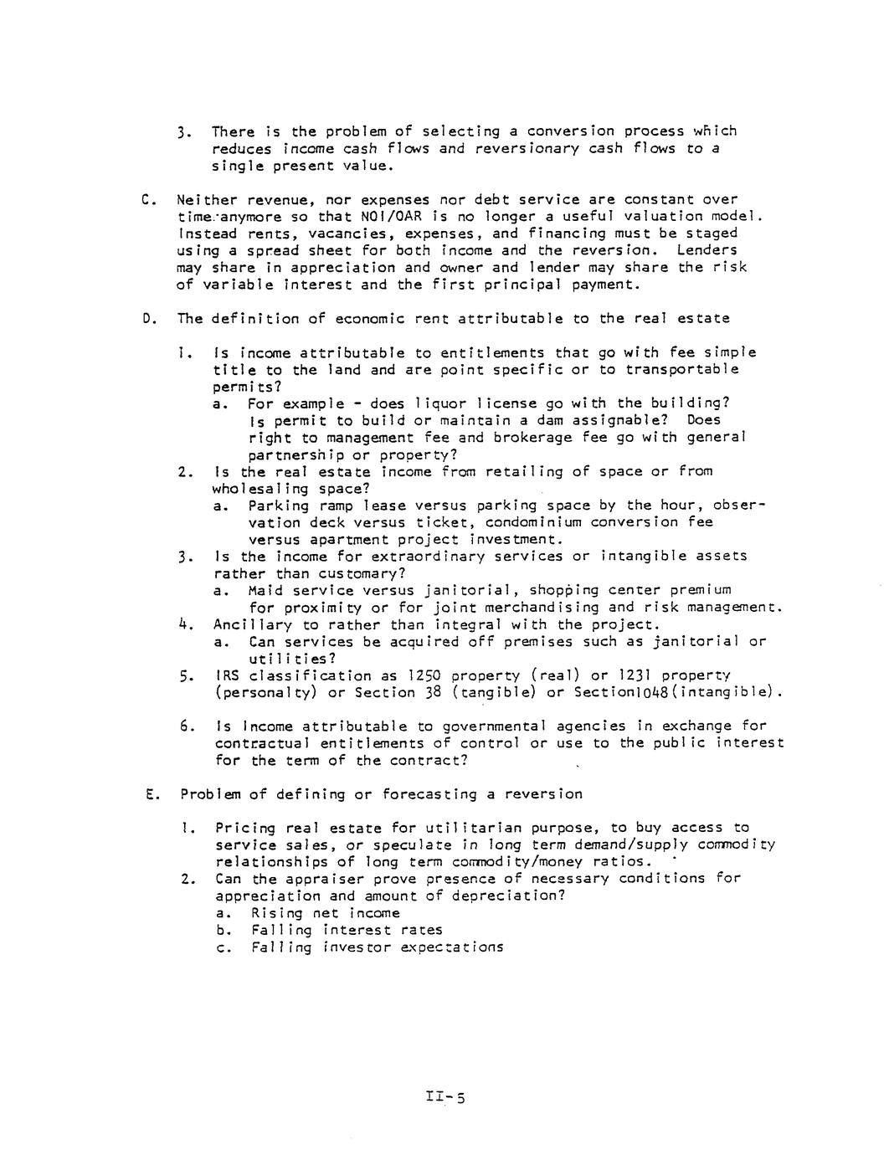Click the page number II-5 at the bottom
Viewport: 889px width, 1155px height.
coord(444,1096)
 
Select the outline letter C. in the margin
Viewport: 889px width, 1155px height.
coord(149,199)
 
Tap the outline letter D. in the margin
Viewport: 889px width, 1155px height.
coord(149,318)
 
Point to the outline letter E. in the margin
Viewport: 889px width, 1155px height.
coord(151,793)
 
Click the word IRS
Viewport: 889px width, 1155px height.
coord(229,675)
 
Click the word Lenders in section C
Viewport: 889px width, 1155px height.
coord(707,250)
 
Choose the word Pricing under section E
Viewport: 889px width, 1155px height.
coord(245,828)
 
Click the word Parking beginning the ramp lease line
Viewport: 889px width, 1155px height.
coord(277,506)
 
